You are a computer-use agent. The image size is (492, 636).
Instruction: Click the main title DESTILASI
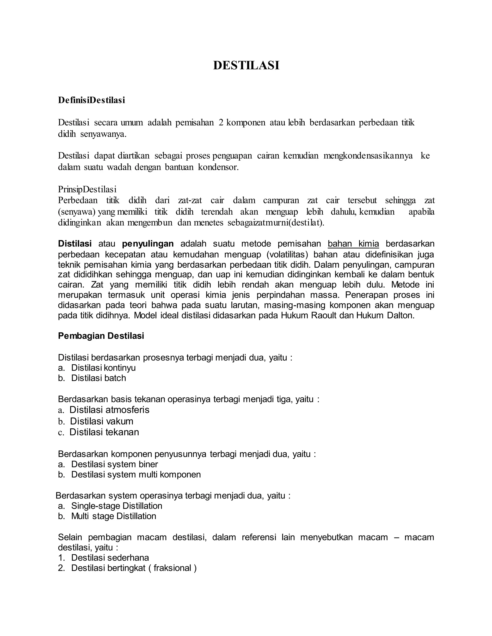[246, 66]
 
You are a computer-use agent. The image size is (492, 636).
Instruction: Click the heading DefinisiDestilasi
[92, 100]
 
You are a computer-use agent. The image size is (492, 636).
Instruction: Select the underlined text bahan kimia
[353, 244]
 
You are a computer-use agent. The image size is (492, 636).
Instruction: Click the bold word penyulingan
[148, 244]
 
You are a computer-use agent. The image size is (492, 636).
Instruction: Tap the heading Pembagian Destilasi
[101, 336]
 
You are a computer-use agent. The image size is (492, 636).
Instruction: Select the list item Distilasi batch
[98, 378]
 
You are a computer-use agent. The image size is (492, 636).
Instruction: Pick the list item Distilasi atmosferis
[109, 410]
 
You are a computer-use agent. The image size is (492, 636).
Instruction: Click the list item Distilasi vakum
[101, 421]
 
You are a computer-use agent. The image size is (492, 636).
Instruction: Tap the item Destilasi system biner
[115, 464]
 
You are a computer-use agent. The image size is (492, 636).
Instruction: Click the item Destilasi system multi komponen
[136, 474]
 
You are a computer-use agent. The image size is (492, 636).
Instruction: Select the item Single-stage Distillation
[117, 506]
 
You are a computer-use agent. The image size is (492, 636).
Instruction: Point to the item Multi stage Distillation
[114, 516]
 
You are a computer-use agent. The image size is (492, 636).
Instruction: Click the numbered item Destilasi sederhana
[110, 558]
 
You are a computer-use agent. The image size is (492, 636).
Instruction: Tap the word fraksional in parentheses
[172, 568]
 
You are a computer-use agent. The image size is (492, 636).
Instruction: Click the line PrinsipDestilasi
[87, 190]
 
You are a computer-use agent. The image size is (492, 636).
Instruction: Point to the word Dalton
[400, 315]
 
